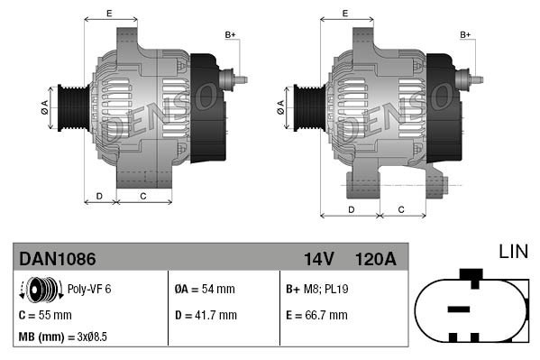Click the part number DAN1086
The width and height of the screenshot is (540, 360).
58,259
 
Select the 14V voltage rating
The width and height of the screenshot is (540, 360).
319,259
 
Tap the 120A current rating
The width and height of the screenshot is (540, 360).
376,259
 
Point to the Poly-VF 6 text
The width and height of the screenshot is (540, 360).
90,291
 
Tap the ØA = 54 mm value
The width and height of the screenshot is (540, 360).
204,291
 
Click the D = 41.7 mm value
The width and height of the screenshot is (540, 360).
206,315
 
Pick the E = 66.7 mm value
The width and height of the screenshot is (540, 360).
316,315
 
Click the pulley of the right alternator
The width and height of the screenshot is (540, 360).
306,107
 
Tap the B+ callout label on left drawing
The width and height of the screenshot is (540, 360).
230,34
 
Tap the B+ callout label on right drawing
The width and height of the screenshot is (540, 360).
466,34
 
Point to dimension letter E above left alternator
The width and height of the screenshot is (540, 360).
109,13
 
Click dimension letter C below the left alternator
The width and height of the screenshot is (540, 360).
143,195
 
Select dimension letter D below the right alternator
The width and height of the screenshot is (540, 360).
351,209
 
